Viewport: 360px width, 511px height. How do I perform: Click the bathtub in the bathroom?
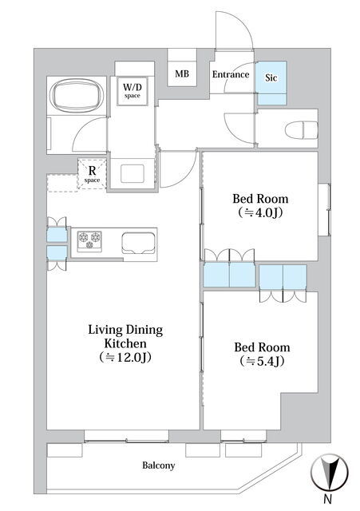pyautogui.click(x=78, y=96)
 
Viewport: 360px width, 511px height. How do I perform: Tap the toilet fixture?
pyautogui.click(x=302, y=130)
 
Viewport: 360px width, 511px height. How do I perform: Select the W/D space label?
pyautogui.click(x=132, y=90)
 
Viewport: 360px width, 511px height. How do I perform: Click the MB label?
pyautogui.click(x=182, y=74)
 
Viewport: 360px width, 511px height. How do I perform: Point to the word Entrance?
pyautogui.click(x=231, y=74)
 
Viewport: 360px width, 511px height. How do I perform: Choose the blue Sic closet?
pyautogui.click(x=271, y=83)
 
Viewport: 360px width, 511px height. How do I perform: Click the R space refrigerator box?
pyautogui.click(x=93, y=174)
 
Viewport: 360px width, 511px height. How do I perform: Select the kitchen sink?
pyautogui.click(x=138, y=243)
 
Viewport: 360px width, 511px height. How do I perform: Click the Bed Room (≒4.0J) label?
pyautogui.click(x=260, y=206)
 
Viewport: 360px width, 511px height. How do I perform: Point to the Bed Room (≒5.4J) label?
pyautogui.click(x=262, y=354)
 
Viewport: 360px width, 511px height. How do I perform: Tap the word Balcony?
pyautogui.click(x=158, y=465)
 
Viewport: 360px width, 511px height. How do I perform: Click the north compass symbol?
pyautogui.click(x=330, y=472)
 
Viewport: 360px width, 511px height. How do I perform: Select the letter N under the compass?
pyautogui.click(x=328, y=498)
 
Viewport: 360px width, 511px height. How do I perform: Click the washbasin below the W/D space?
pyautogui.click(x=133, y=174)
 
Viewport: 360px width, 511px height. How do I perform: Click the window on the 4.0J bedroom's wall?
pyautogui.click(x=325, y=209)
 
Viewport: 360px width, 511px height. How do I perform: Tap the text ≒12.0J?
pyautogui.click(x=125, y=358)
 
